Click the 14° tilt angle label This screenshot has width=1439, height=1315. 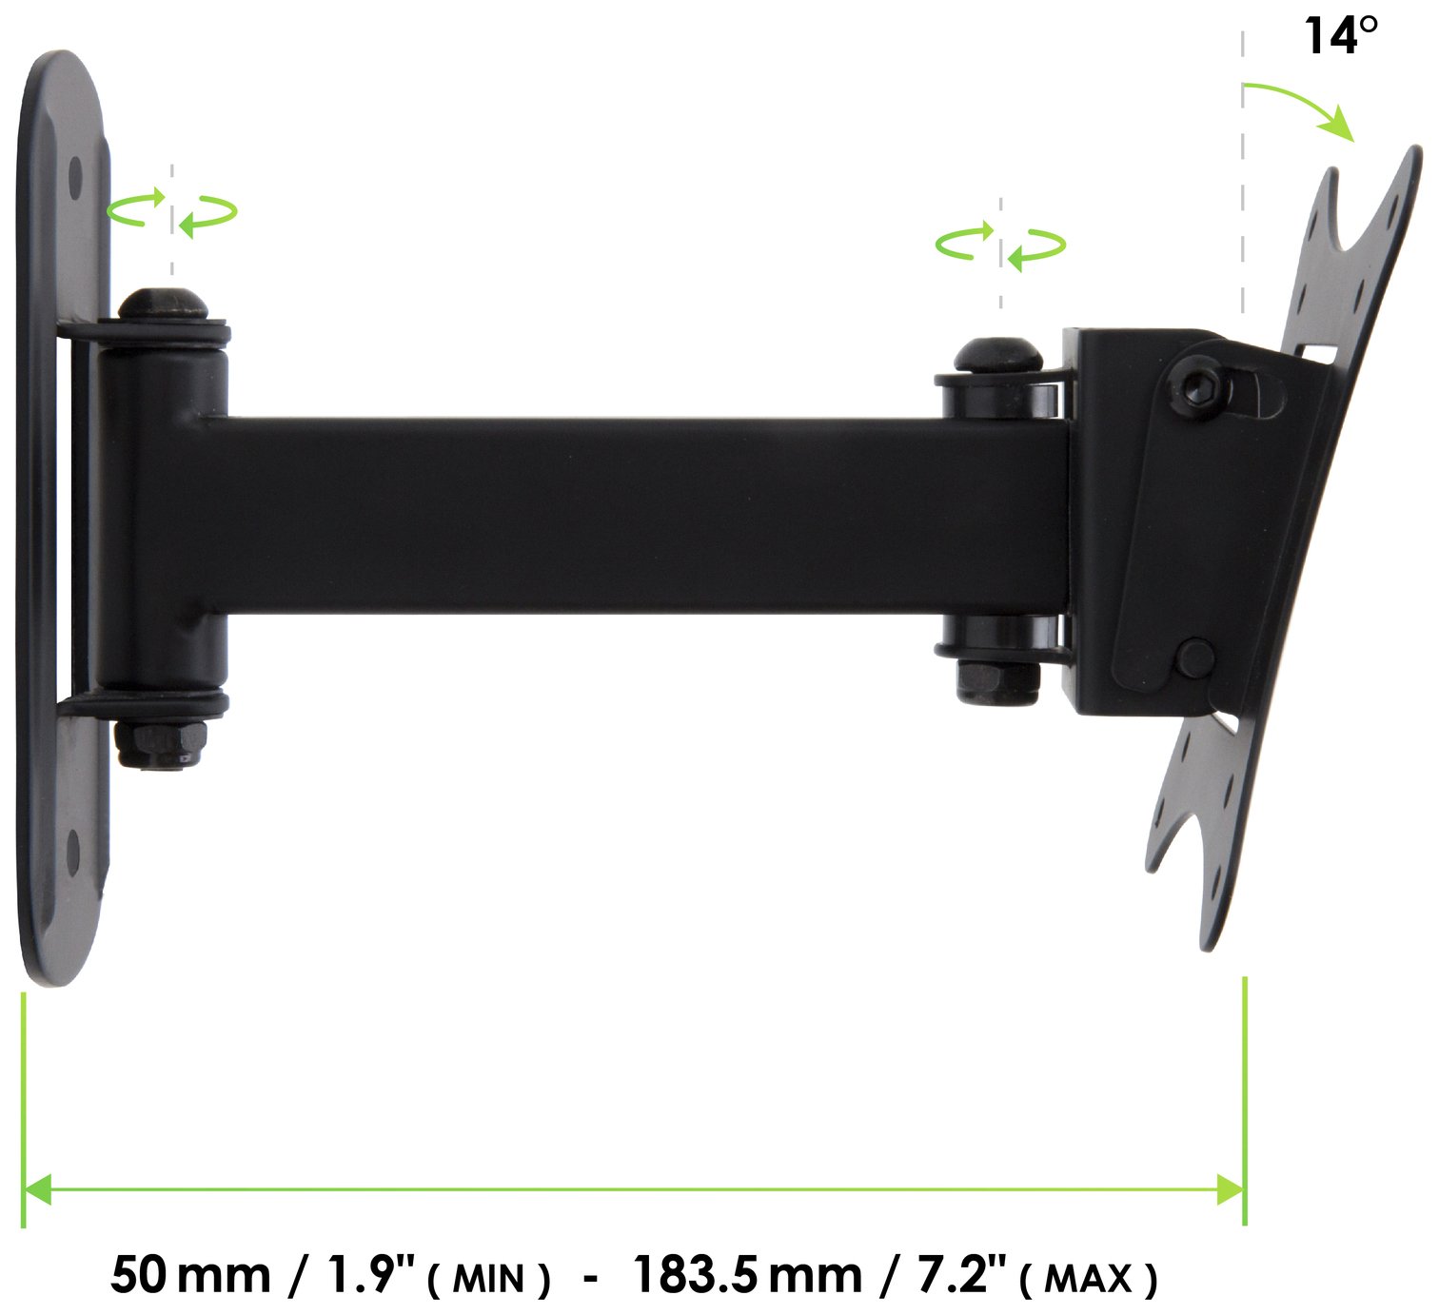(1340, 36)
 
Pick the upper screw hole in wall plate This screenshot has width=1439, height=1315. (75, 177)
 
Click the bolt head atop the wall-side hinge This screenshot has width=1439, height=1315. (163, 304)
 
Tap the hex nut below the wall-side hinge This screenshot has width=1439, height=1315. (161, 742)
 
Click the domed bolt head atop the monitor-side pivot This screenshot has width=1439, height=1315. (993, 357)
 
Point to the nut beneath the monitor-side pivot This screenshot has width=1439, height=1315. (995, 679)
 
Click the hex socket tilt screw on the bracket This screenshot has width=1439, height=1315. (1199, 385)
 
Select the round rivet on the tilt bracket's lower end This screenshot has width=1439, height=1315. (1195, 657)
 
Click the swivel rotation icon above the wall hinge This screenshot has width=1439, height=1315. (172, 211)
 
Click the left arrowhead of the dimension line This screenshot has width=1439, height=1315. (36, 1188)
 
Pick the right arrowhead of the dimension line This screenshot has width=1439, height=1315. (1231, 1188)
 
